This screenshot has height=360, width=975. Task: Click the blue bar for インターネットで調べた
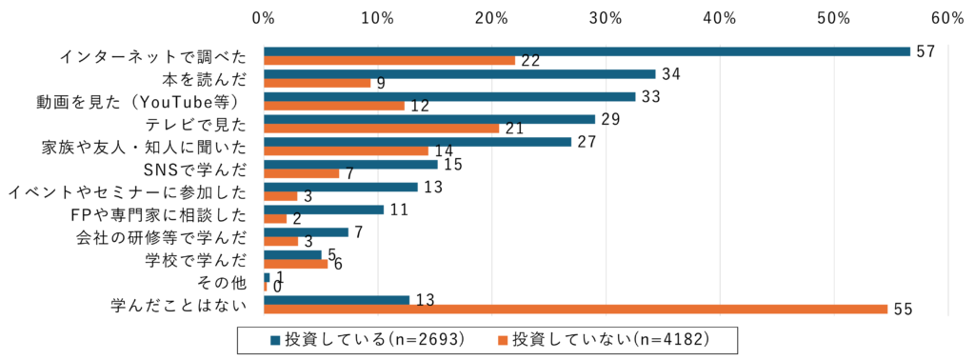(587, 51)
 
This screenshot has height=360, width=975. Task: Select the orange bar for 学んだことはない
(575, 310)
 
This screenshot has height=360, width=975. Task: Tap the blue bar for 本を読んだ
(459, 74)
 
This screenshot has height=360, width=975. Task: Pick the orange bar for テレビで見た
(381, 129)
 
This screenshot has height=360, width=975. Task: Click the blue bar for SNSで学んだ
(350, 165)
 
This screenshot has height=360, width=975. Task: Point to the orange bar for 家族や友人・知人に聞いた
(346, 150)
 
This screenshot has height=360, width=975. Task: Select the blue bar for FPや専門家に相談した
(324, 210)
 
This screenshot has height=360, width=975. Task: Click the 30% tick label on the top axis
(606, 18)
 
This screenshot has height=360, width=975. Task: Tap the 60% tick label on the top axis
(948, 18)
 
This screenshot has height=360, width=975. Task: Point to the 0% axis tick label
(264, 18)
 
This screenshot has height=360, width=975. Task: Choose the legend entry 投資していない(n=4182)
(609, 338)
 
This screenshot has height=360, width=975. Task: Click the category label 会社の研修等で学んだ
(161, 237)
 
